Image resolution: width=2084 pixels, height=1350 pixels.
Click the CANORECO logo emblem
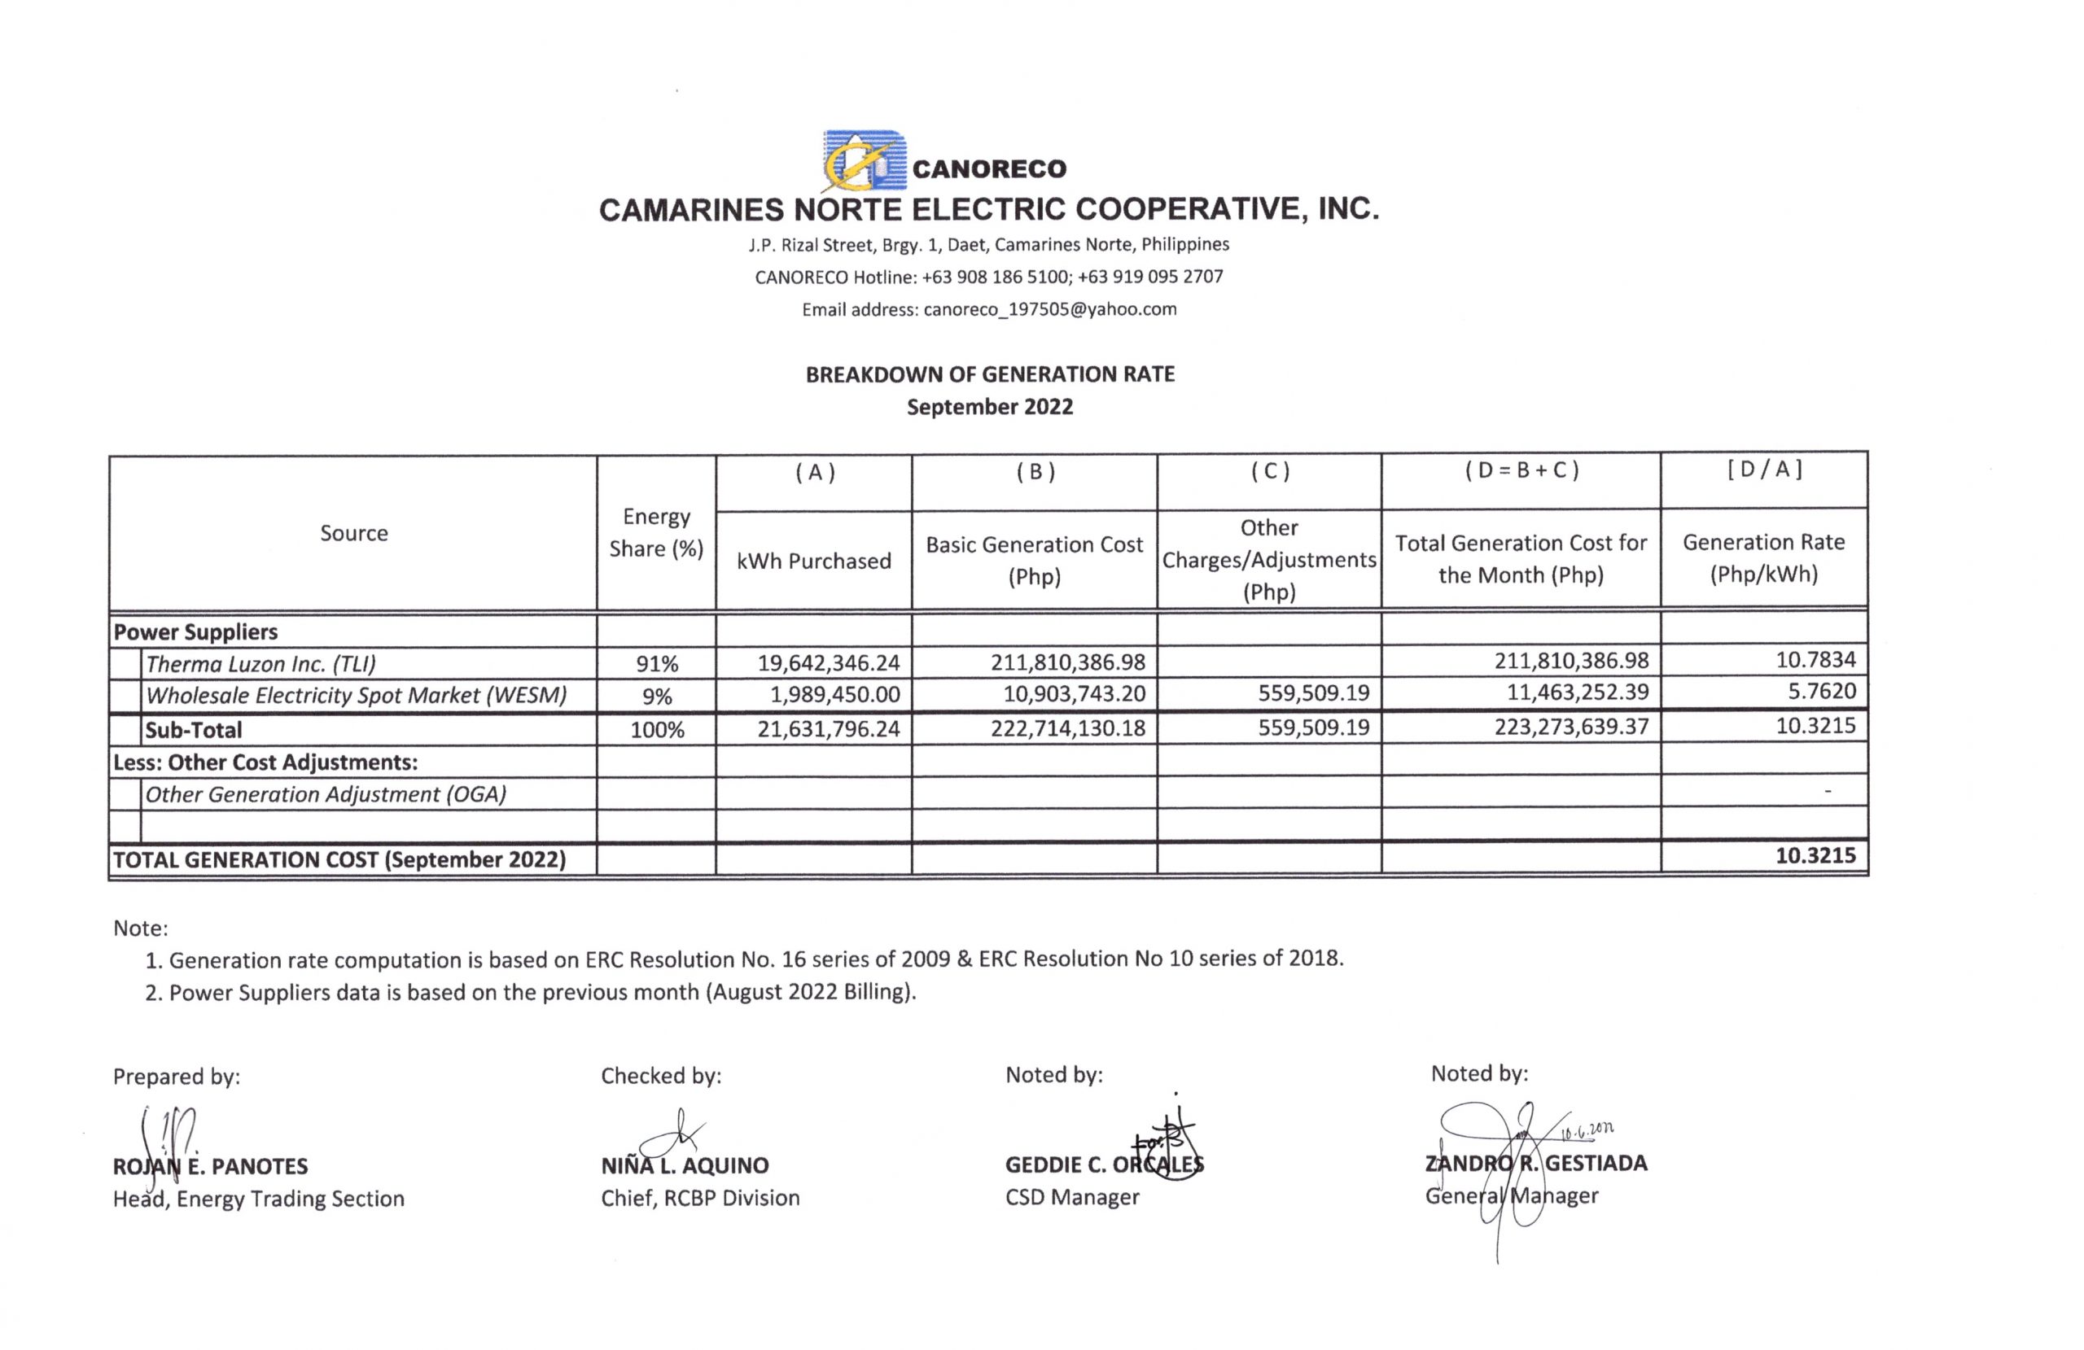(862, 161)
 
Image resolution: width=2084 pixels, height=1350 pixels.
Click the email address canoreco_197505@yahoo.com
(1049, 309)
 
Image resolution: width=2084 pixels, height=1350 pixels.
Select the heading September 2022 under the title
(989, 407)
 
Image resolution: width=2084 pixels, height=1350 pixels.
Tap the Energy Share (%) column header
(656, 532)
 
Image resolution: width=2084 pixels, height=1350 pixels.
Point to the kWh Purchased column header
(813, 561)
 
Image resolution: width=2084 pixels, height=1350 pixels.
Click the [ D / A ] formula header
(1763, 470)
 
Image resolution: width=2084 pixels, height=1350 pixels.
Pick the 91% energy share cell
(657, 664)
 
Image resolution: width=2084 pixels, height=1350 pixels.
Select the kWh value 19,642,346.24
(829, 662)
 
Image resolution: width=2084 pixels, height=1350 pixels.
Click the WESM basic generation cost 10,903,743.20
(1074, 694)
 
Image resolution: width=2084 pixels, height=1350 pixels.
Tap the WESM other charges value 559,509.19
(1313, 693)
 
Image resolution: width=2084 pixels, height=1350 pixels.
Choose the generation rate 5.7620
(1821, 692)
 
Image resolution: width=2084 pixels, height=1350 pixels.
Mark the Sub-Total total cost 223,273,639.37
(1571, 727)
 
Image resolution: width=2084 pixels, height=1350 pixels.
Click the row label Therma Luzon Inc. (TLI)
(261, 664)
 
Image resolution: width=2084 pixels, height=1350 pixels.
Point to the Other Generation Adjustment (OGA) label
(326, 794)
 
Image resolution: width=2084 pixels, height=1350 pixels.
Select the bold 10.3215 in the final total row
(1815, 855)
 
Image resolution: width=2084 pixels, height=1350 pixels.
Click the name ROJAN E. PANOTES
(210, 1166)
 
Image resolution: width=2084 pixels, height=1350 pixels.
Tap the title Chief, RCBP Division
(699, 1198)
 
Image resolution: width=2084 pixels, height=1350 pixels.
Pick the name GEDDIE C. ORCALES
(1103, 1164)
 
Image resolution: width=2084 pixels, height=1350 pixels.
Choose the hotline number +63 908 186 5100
(995, 277)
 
